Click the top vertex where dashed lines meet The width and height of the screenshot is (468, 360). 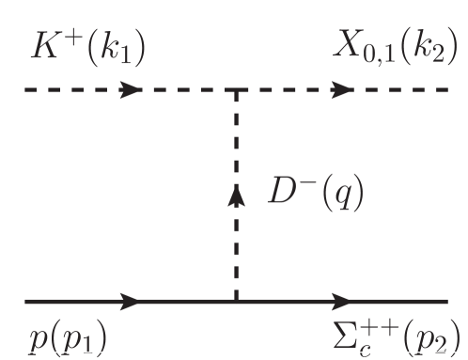point(235,91)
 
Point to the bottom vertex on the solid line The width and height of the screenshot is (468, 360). point(235,303)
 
